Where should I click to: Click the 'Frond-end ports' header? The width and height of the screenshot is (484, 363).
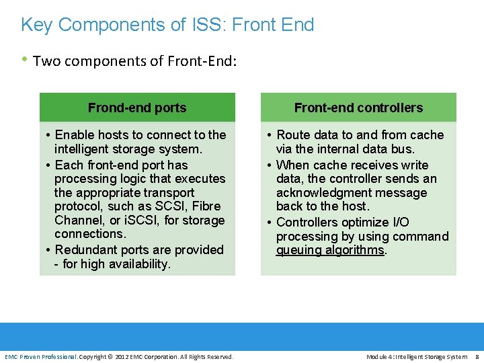click(x=137, y=108)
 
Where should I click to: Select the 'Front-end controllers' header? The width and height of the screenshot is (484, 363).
click(x=358, y=108)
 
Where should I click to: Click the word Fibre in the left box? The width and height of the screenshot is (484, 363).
click(x=206, y=206)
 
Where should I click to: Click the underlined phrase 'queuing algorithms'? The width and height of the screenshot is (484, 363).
click(x=330, y=250)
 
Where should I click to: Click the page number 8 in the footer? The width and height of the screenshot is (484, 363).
click(x=477, y=356)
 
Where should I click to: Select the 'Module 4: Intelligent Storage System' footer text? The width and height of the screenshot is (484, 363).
click(x=417, y=356)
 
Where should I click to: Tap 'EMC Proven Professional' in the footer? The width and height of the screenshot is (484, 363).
click(x=40, y=356)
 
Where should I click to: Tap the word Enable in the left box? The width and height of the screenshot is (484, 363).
click(x=75, y=134)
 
